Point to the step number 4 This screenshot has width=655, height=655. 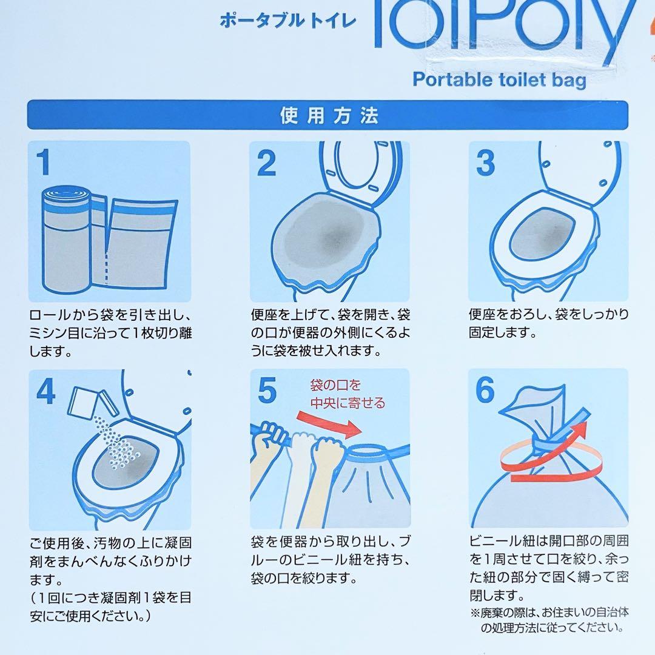[x=46, y=392]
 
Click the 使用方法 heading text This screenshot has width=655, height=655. [x=329, y=115]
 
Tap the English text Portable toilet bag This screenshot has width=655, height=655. [x=499, y=79]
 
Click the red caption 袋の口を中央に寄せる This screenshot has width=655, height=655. [x=347, y=394]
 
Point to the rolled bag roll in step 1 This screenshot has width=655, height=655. [x=67, y=240]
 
